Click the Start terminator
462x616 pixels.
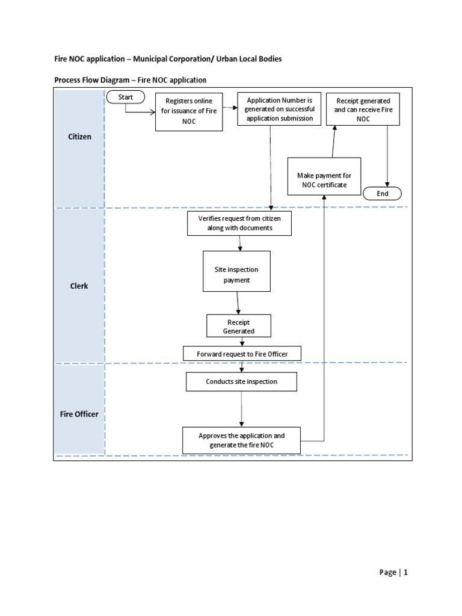pyautogui.click(x=125, y=97)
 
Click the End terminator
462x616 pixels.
pyautogui.click(x=382, y=194)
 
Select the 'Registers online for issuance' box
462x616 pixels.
pyautogui.click(x=189, y=111)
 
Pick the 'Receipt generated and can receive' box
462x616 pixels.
pyautogui.click(x=363, y=109)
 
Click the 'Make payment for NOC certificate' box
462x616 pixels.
pyautogui.click(x=324, y=180)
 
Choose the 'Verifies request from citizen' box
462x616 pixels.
pyautogui.click(x=239, y=223)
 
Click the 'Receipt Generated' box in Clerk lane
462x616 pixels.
pyautogui.click(x=239, y=327)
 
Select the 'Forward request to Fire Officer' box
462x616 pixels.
pyautogui.click(x=242, y=354)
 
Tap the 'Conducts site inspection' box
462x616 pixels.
pyautogui.click(x=241, y=381)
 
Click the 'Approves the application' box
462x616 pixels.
pyautogui.click(x=241, y=440)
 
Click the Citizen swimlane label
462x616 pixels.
pyautogui.click(x=79, y=137)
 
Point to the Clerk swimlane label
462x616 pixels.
pyautogui.click(x=79, y=286)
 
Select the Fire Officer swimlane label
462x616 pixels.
pyautogui.click(x=79, y=414)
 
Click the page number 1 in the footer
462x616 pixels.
pyautogui.click(x=406, y=573)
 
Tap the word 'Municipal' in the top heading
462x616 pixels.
pyautogui.click(x=156, y=59)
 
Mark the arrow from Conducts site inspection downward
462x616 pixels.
pyautogui.click(x=241, y=408)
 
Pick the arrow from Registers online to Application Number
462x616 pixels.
pyautogui.click(x=229, y=108)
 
